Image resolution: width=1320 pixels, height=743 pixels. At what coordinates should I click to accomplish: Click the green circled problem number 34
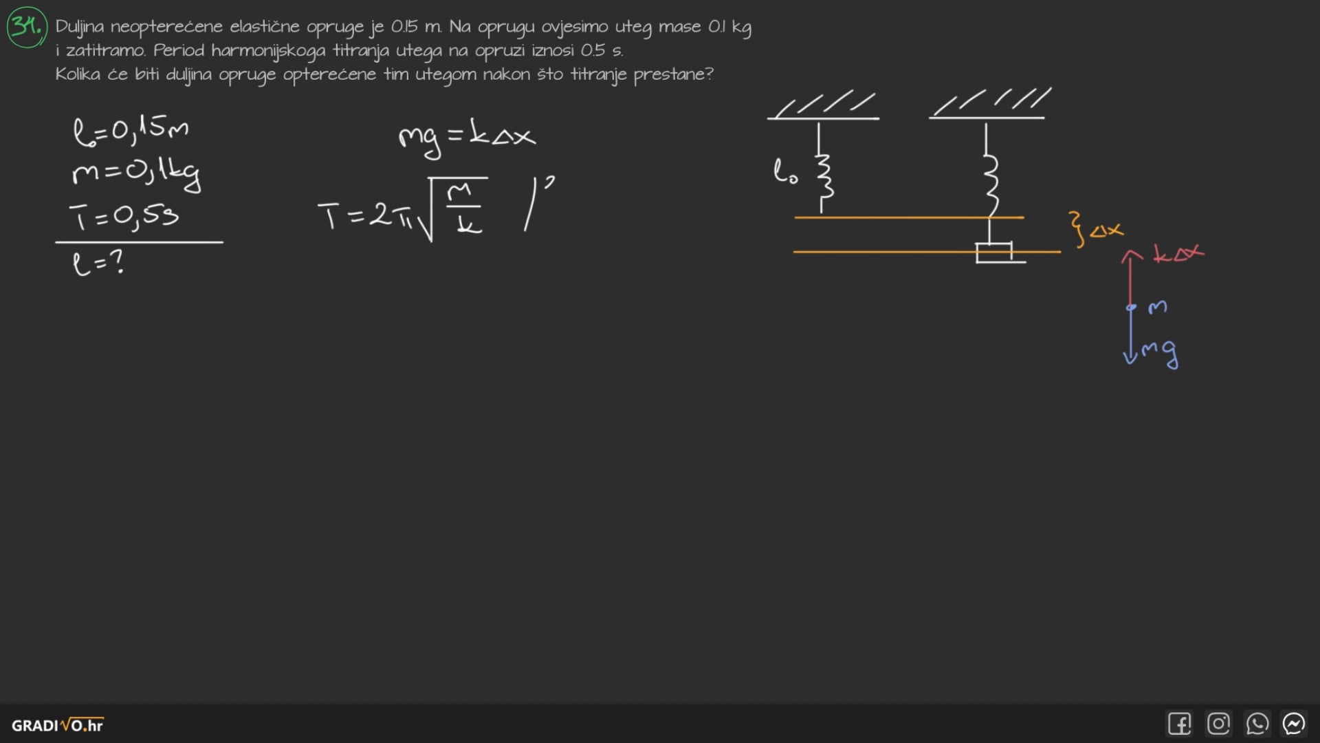point(27,27)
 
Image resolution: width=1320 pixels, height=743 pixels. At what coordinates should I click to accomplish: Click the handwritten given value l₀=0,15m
point(131,130)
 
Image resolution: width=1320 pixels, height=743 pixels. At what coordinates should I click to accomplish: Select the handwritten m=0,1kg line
point(136,173)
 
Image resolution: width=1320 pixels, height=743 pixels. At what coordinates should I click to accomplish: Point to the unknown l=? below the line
point(98,263)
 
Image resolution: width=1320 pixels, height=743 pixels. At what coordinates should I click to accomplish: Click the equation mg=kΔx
point(467,136)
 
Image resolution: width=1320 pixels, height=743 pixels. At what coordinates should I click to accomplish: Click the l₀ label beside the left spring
point(785,172)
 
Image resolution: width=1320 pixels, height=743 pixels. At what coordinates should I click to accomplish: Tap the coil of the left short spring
point(823,175)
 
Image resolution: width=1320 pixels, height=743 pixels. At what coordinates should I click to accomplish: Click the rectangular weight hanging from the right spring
point(994,252)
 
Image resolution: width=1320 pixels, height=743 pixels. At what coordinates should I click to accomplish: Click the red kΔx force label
point(1178,255)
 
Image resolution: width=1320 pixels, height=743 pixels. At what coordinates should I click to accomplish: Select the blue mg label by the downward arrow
point(1160,352)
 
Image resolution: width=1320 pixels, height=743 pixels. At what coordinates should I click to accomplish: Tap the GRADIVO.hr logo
point(58,725)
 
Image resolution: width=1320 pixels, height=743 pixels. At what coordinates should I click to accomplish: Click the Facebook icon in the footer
point(1180,724)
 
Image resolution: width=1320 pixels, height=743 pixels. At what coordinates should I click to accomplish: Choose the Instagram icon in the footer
point(1218,724)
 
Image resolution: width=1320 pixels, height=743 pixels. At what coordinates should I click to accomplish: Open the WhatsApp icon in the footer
point(1257,724)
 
